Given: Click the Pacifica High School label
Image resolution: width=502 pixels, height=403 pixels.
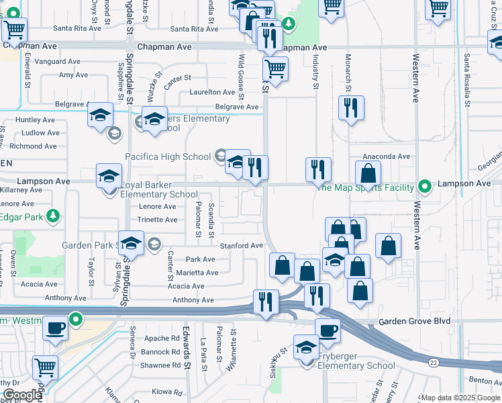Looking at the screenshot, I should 168,157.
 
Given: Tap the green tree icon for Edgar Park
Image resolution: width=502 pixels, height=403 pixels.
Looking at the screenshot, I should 52,216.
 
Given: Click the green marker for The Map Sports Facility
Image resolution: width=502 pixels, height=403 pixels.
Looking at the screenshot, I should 423,185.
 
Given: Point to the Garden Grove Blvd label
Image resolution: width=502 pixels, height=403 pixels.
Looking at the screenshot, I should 414,322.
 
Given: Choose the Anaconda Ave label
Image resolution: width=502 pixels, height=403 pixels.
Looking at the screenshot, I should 386,156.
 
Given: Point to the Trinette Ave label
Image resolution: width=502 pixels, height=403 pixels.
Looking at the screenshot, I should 157,220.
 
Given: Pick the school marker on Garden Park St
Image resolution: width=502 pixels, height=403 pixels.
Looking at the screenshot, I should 131,243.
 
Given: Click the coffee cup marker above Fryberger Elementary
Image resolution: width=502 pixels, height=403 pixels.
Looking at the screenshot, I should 327,330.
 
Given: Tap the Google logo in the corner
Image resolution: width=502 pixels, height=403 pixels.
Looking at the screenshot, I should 21,395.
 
